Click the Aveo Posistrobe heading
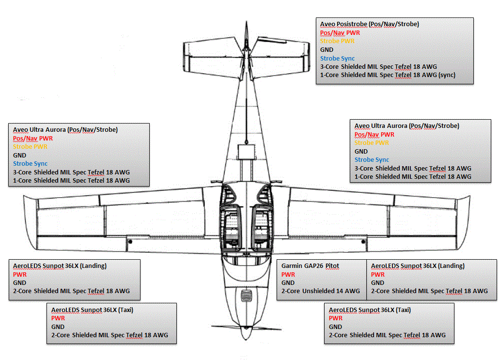369,24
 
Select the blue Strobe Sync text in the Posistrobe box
337,58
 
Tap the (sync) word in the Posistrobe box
445,75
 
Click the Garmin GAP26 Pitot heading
310,266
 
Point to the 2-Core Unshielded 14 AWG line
321,291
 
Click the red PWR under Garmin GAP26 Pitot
288,275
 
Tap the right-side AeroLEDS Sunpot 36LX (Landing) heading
418,266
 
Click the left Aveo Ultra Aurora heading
65,130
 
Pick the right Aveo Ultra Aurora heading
406,126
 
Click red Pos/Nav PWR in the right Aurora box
374,135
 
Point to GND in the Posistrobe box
327,49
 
